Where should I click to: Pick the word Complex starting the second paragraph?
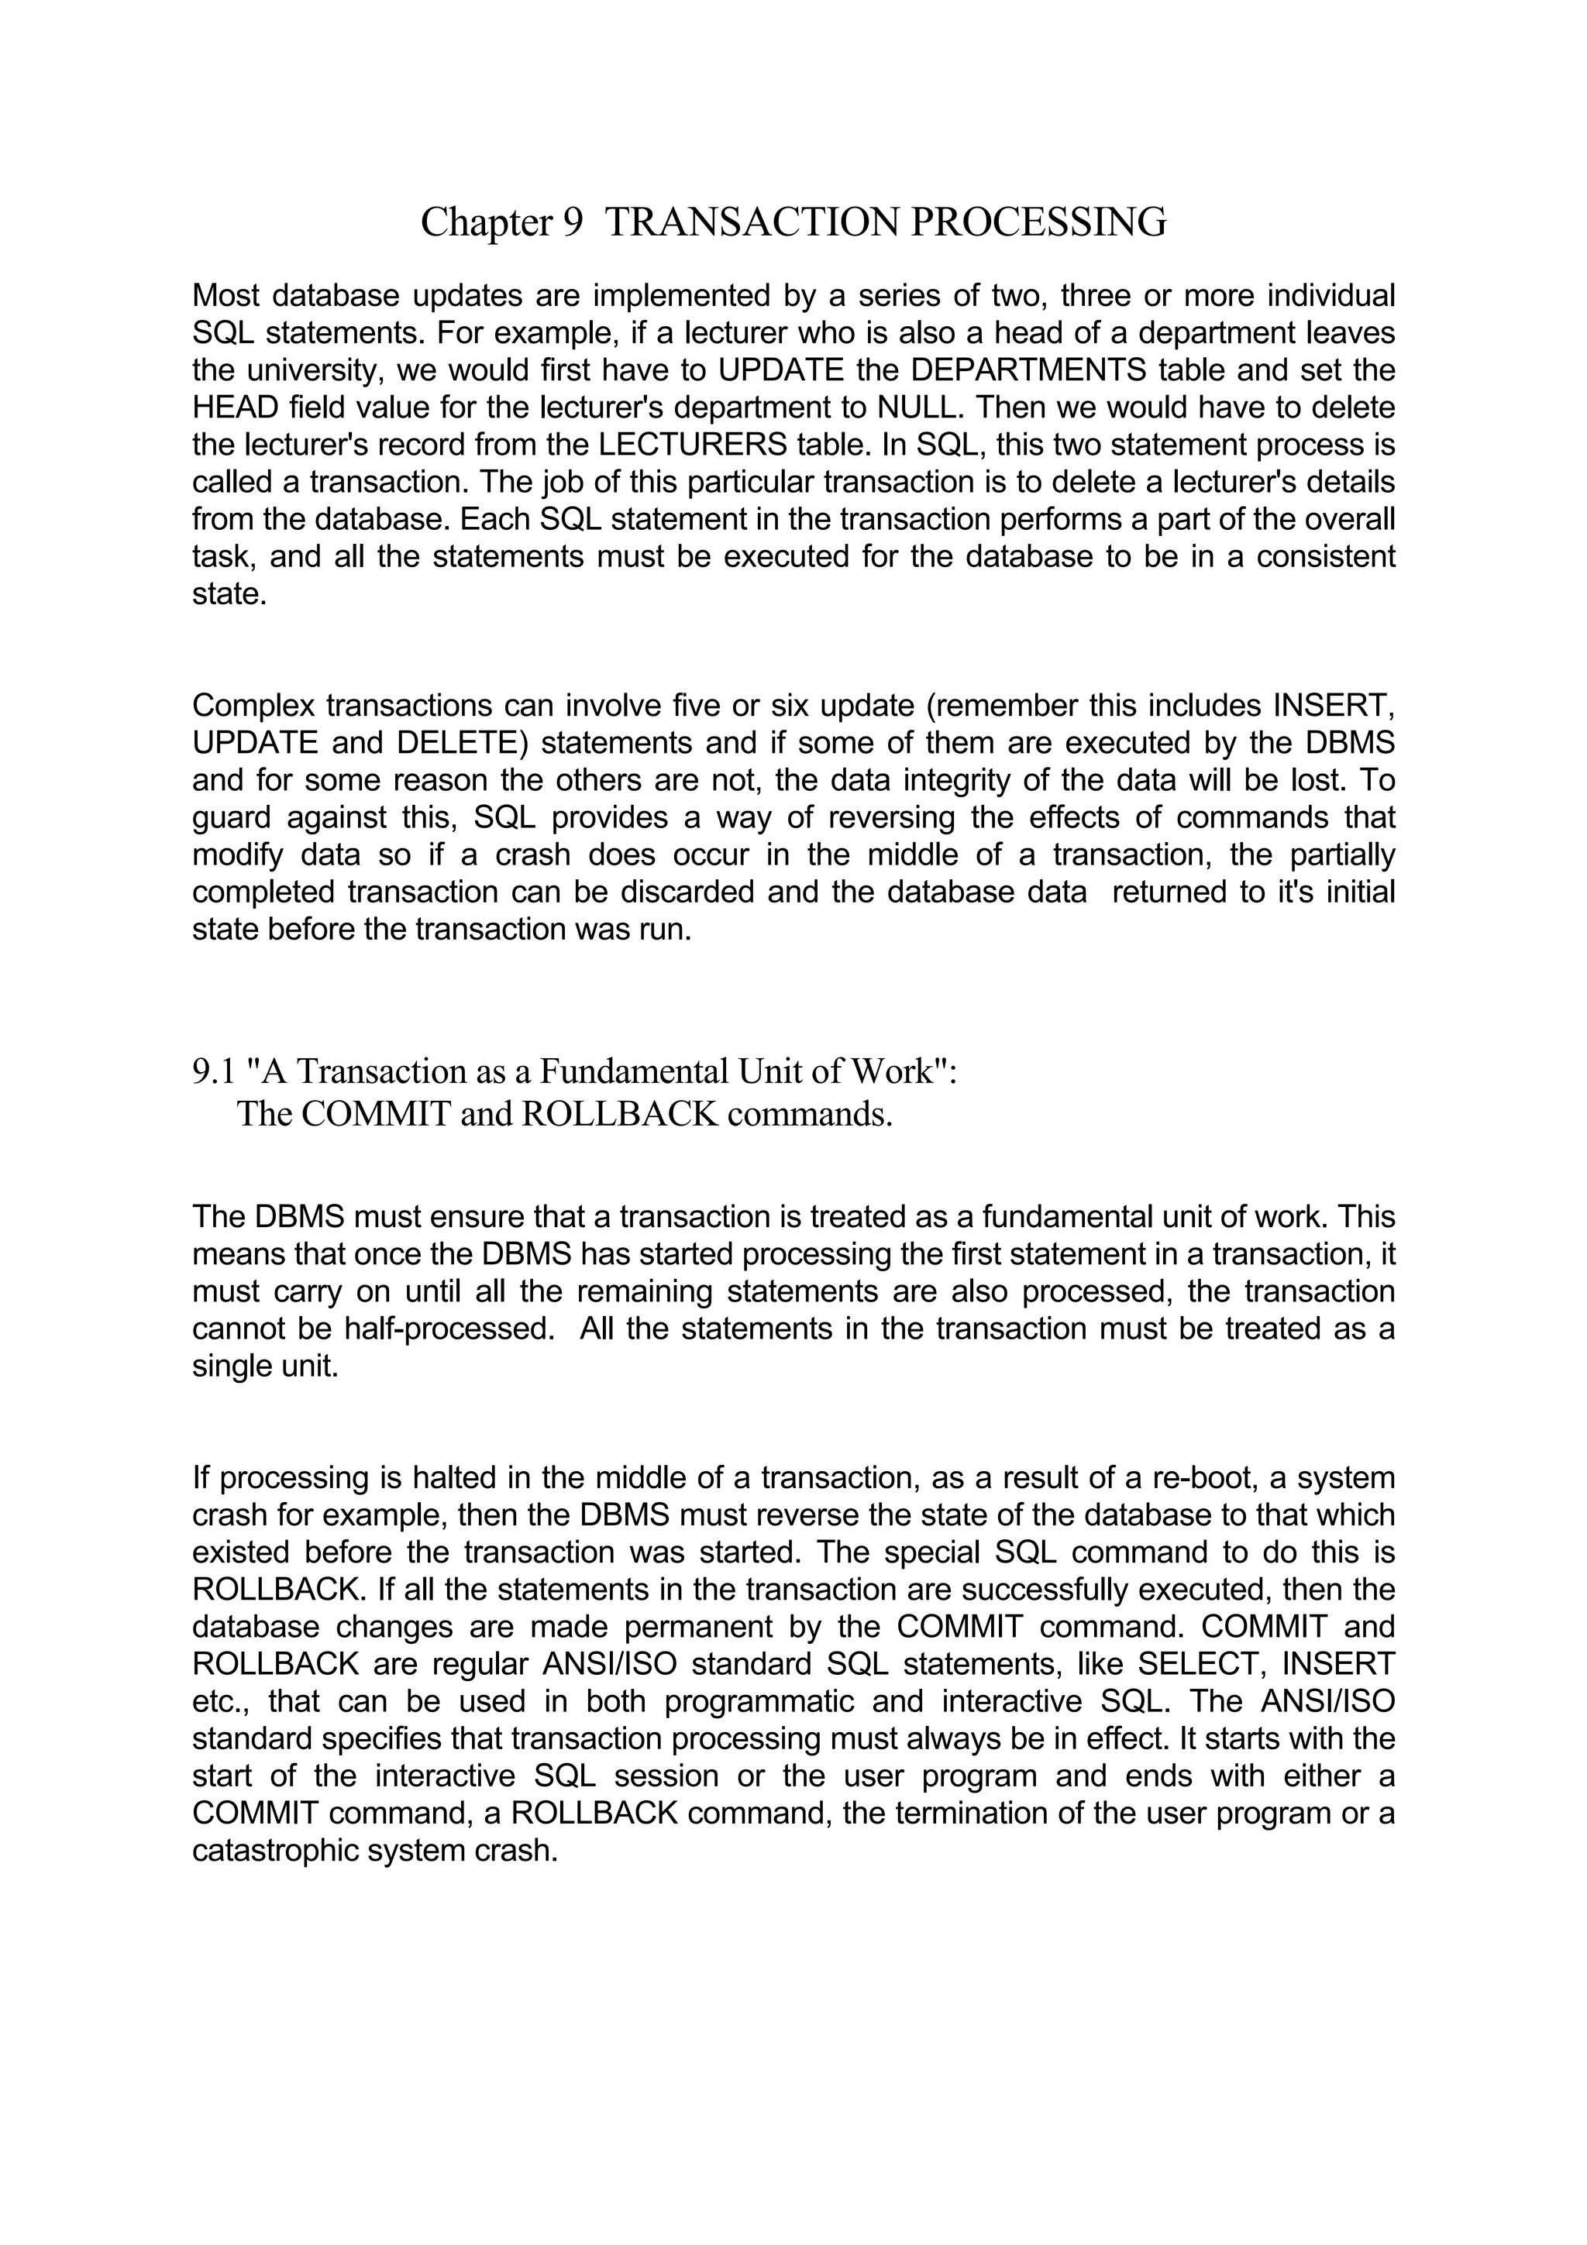(x=253, y=706)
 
